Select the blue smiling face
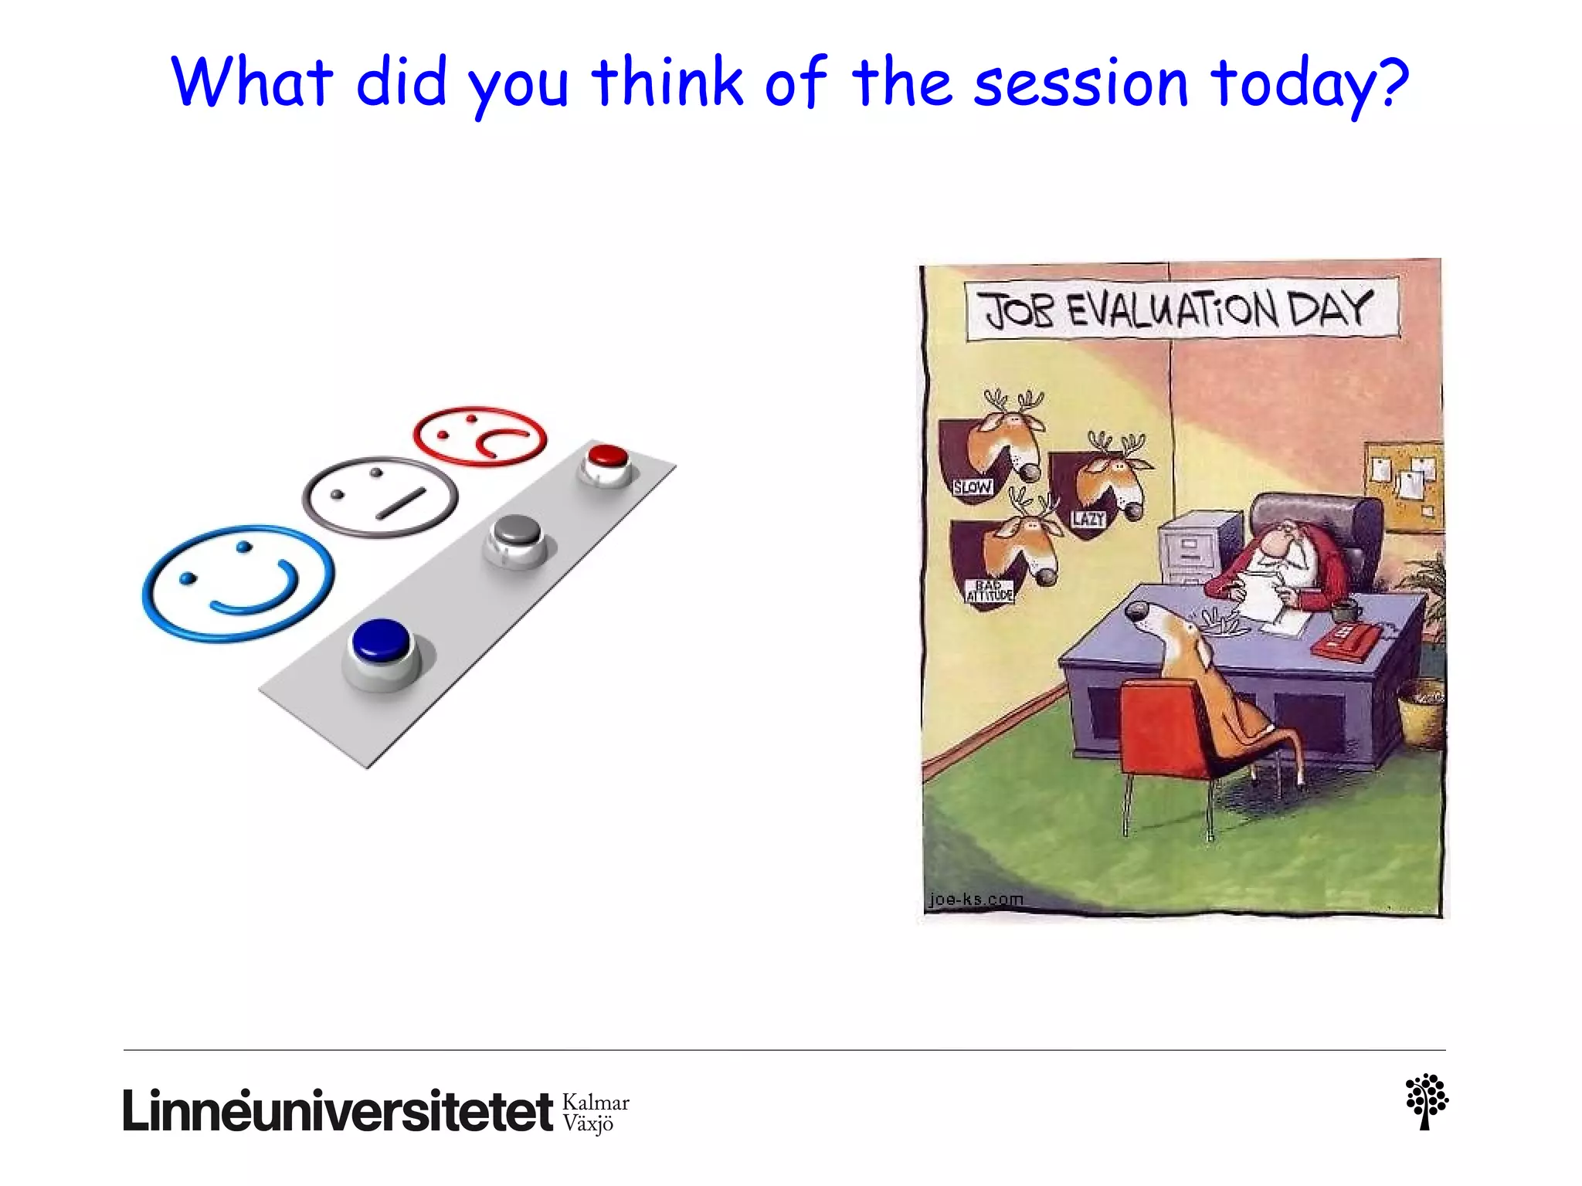[238, 583]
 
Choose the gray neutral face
[379, 496]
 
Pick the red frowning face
[480, 435]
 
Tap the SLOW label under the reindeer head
[972, 487]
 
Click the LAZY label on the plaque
[1088, 519]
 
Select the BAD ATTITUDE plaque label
[989, 591]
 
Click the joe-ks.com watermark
[976, 900]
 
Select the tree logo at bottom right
[1426, 1101]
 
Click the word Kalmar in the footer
[596, 1102]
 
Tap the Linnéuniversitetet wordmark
[338, 1111]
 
